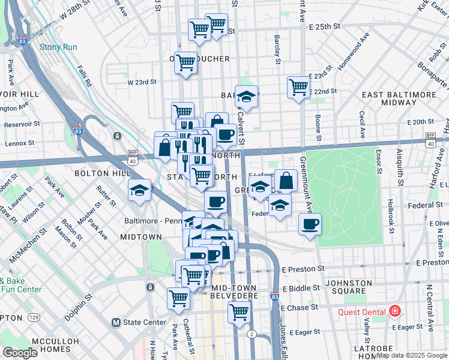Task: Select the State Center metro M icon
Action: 117,322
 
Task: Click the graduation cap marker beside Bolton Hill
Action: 139,190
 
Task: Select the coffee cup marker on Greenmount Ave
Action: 310,224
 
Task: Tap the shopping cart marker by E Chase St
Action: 240,311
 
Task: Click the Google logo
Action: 20,353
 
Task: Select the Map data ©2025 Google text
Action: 412,355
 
